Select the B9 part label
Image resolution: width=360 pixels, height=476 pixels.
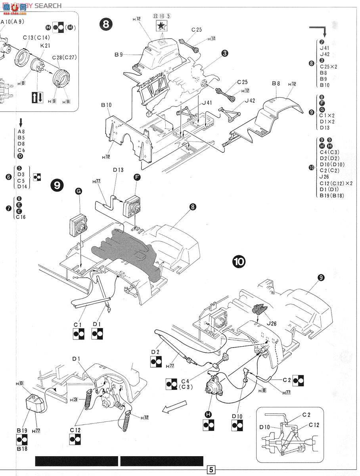[x=119, y=54]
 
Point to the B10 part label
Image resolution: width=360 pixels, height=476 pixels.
[x=106, y=105]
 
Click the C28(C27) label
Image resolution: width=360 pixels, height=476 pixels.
[x=65, y=57]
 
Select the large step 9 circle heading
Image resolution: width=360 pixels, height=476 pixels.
[x=57, y=185]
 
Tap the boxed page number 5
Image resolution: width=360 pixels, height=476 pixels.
[x=211, y=470]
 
